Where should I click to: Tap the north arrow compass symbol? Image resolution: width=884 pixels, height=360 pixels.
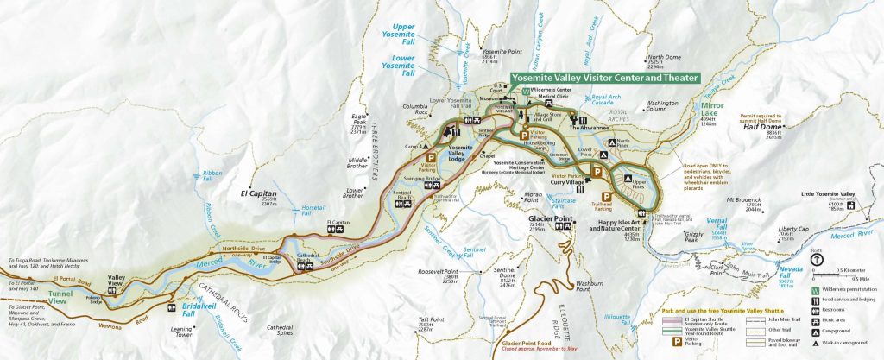coord(817,258)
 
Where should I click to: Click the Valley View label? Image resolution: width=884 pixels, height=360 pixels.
coord(116,278)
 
